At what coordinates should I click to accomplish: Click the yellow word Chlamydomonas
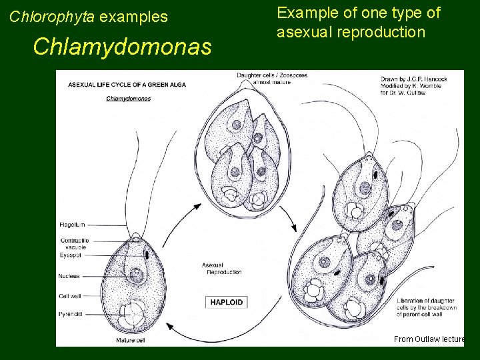[x=121, y=47]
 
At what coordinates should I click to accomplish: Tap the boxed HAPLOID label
[x=227, y=302]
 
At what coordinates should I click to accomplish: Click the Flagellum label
[x=73, y=225]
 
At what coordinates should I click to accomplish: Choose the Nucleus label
[x=69, y=276]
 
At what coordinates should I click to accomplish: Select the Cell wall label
[x=70, y=296]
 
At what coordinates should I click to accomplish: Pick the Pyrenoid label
[x=71, y=313]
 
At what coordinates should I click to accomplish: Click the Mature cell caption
[x=131, y=340]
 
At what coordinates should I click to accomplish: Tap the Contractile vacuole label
[x=74, y=243]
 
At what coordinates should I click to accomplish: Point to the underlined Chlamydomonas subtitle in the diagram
[x=128, y=99]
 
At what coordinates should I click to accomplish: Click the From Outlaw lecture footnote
[x=429, y=339]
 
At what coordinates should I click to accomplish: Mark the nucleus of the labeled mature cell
[x=136, y=273]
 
